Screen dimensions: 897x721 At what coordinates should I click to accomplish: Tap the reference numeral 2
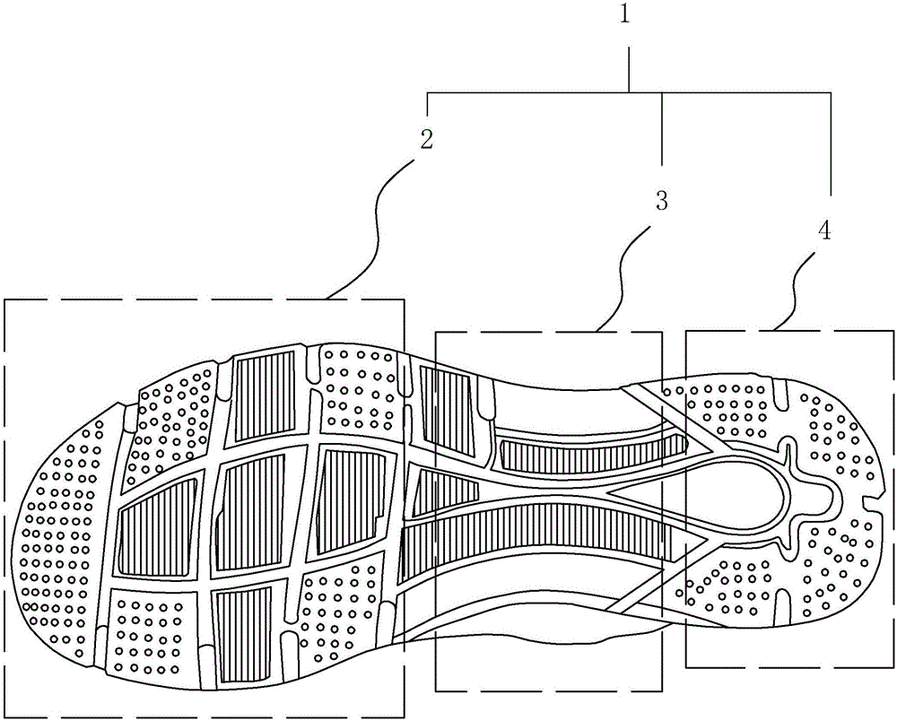click(426, 140)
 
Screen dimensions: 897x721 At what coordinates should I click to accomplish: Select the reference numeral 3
click(662, 200)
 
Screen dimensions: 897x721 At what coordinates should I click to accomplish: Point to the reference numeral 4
click(823, 230)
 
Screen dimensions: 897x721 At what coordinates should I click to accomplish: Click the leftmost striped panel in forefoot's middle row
click(159, 529)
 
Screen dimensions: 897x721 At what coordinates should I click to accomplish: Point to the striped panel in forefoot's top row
click(264, 395)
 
